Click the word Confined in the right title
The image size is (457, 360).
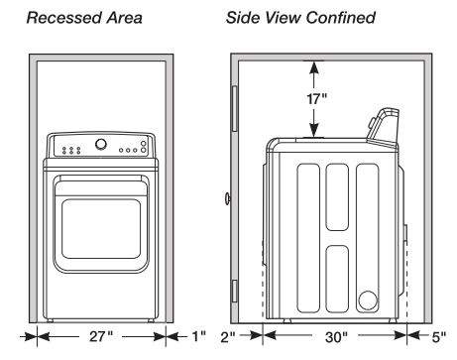[341, 18]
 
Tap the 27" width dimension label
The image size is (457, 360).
[101, 336]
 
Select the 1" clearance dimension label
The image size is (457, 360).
[199, 336]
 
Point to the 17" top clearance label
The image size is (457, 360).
[316, 98]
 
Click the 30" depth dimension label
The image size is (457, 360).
[336, 337]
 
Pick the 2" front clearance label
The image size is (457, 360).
[228, 337]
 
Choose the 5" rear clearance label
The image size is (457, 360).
[439, 337]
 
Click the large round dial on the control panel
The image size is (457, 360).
[101, 144]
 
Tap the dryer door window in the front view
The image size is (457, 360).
[101, 229]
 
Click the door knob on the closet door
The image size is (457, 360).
[227, 198]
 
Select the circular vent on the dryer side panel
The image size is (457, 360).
[368, 300]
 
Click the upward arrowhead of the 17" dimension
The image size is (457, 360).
[314, 68]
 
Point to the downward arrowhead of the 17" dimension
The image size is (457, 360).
[314, 129]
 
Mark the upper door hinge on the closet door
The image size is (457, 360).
[235, 108]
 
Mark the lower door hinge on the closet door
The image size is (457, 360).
[235, 291]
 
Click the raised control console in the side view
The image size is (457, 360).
[384, 127]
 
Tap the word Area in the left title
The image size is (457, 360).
[124, 18]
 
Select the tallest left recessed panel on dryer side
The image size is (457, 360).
[308, 238]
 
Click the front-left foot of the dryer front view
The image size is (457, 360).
[50, 320]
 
